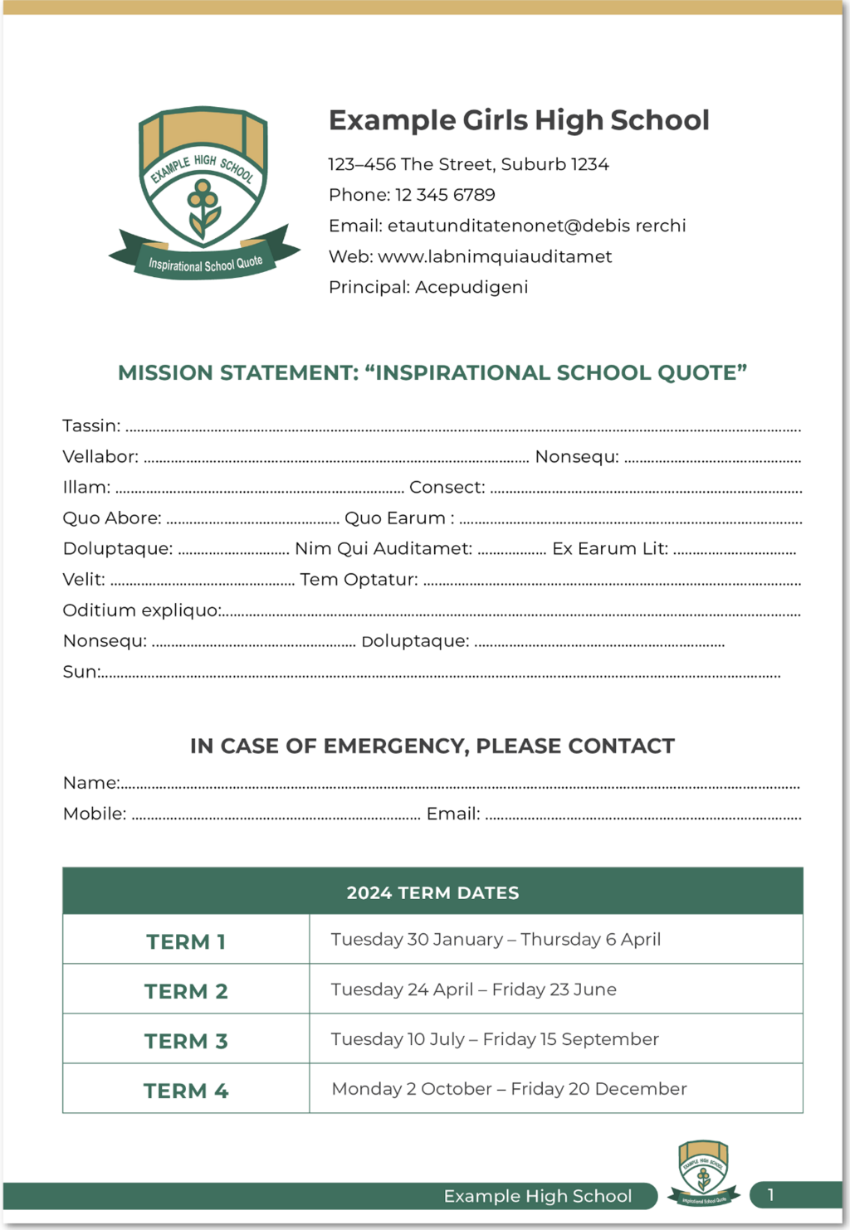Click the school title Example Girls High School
519,120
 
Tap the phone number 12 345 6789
445,195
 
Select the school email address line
507,226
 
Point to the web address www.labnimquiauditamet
495,257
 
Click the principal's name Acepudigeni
471,288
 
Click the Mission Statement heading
432,373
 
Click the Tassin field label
91,426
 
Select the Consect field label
447,488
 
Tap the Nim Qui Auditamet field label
383,549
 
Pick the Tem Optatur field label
359,580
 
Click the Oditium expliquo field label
142,610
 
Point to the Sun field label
81,672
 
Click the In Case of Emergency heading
432,746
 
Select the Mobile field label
95,814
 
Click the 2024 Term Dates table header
432,892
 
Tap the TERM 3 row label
186,1041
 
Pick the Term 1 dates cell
496,940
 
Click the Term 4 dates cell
509,1089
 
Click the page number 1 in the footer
770,1195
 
